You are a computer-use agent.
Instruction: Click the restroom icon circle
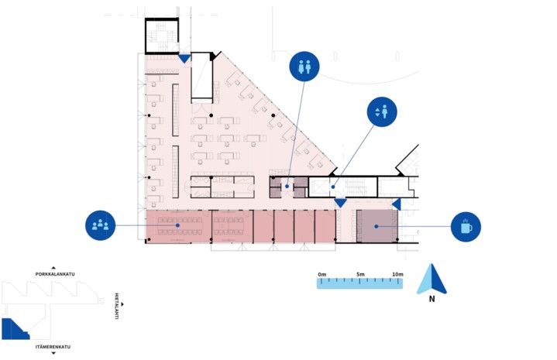click(x=304, y=67)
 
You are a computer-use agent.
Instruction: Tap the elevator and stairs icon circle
click(x=382, y=111)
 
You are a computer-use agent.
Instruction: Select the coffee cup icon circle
click(x=466, y=227)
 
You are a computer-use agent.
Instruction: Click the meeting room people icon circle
click(x=100, y=225)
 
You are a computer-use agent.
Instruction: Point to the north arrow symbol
click(x=432, y=279)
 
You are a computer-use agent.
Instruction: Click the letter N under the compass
click(x=432, y=299)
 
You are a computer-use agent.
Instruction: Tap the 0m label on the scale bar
click(x=322, y=274)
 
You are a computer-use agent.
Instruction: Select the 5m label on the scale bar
click(x=360, y=274)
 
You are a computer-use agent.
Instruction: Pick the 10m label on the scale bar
click(x=398, y=274)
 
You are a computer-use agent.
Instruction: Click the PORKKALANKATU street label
click(x=55, y=274)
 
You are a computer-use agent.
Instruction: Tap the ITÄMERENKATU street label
click(x=53, y=347)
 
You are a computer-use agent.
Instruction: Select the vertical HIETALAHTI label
click(x=116, y=306)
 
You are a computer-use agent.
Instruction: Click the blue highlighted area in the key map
click(x=13, y=330)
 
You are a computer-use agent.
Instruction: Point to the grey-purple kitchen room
click(x=377, y=226)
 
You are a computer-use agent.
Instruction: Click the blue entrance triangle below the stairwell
click(x=184, y=59)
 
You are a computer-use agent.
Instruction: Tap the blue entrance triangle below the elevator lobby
click(x=340, y=203)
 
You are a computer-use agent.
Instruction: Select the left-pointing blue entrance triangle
click(x=397, y=204)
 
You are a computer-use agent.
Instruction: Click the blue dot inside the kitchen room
click(x=376, y=226)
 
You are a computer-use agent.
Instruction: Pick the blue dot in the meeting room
click(x=177, y=225)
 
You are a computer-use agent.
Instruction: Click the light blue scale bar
click(x=360, y=283)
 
